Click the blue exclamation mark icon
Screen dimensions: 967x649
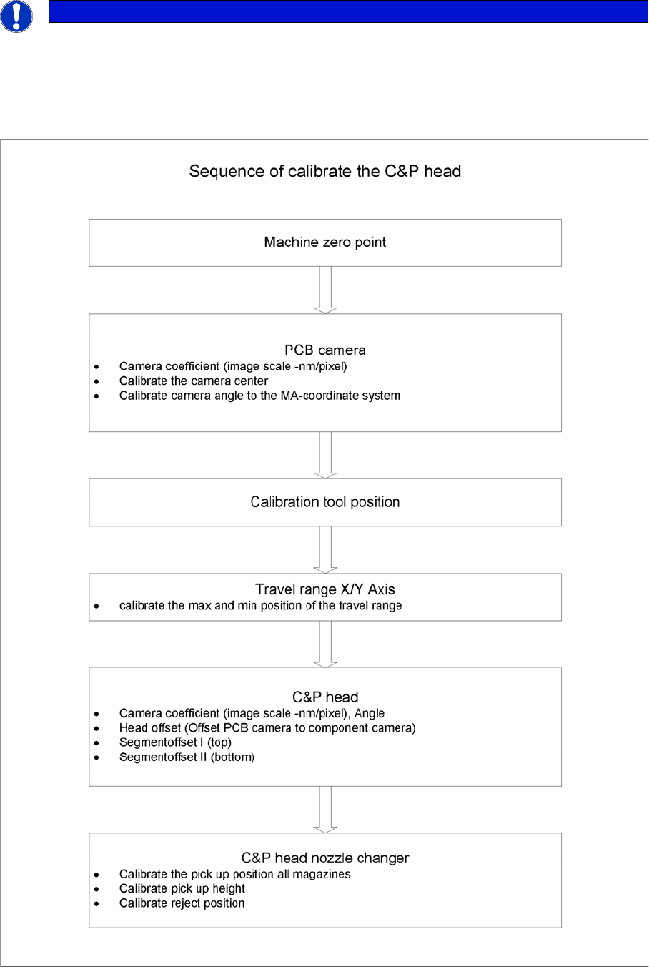tap(16, 16)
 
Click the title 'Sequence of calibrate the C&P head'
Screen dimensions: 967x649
tap(325, 172)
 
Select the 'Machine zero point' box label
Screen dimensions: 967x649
tap(325, 242)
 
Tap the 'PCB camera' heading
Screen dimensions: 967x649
tap(325, 350)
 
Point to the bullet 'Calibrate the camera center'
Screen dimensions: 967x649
tap(194, 381)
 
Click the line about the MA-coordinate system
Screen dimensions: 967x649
tap(259, 396)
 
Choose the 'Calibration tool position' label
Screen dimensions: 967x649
tap(325, 502)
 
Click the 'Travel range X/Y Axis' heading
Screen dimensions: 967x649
tap(325, 589)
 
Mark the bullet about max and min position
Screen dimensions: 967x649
tap(260, 606)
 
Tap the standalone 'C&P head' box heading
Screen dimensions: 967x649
tap(325, 697)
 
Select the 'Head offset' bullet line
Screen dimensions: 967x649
tap(267, 728)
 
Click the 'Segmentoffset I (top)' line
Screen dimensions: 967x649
tap(175, 742)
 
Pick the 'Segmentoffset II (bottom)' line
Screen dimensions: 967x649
tap(187, 757)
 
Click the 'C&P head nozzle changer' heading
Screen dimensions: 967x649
tap(325, 858)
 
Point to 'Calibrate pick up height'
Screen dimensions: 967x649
tap(182, 889)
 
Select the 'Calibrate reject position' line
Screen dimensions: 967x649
tap(182, 903)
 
